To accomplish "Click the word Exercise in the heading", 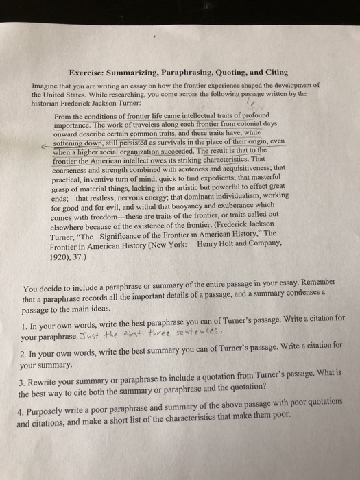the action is [89, 72].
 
